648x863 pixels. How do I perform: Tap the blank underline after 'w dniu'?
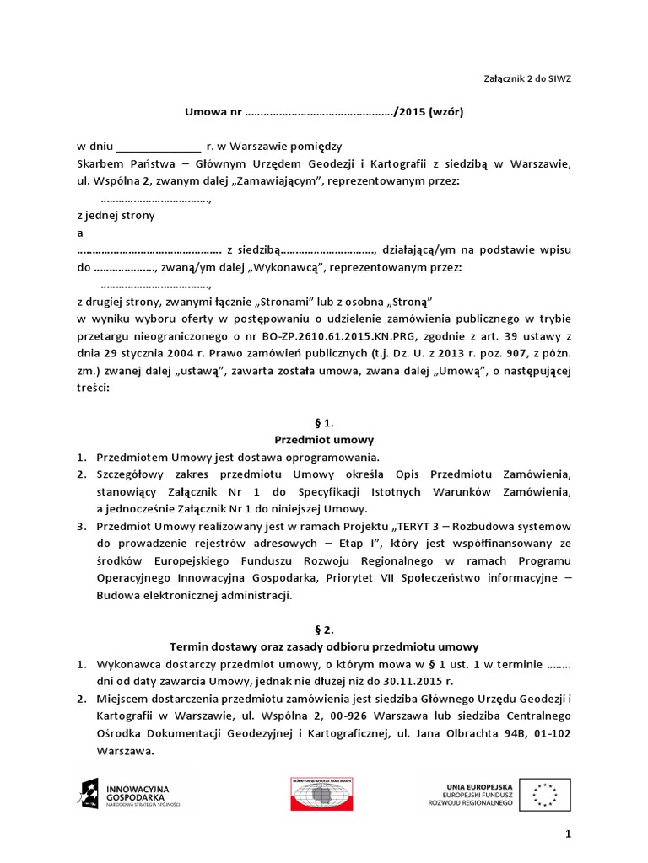point(159,147)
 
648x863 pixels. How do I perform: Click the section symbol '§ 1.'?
point(324,422)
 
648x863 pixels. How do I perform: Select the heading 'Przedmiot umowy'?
point(324,440)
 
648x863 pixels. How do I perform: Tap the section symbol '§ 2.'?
point(324,629)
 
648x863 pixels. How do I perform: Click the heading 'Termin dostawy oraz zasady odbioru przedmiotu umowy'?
point(324,646)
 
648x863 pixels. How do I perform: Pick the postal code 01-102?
point(551,733)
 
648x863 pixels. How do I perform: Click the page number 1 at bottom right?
point(568,834)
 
